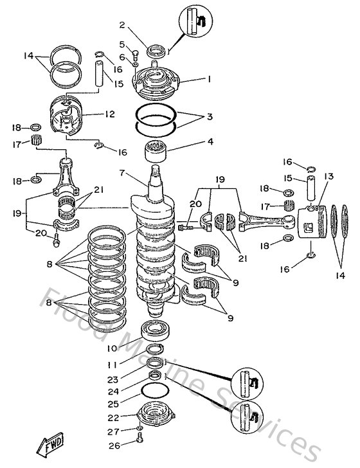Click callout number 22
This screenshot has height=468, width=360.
[113, 417]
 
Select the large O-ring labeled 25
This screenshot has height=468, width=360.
[155, 391]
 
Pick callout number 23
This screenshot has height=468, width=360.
[113, 379]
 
